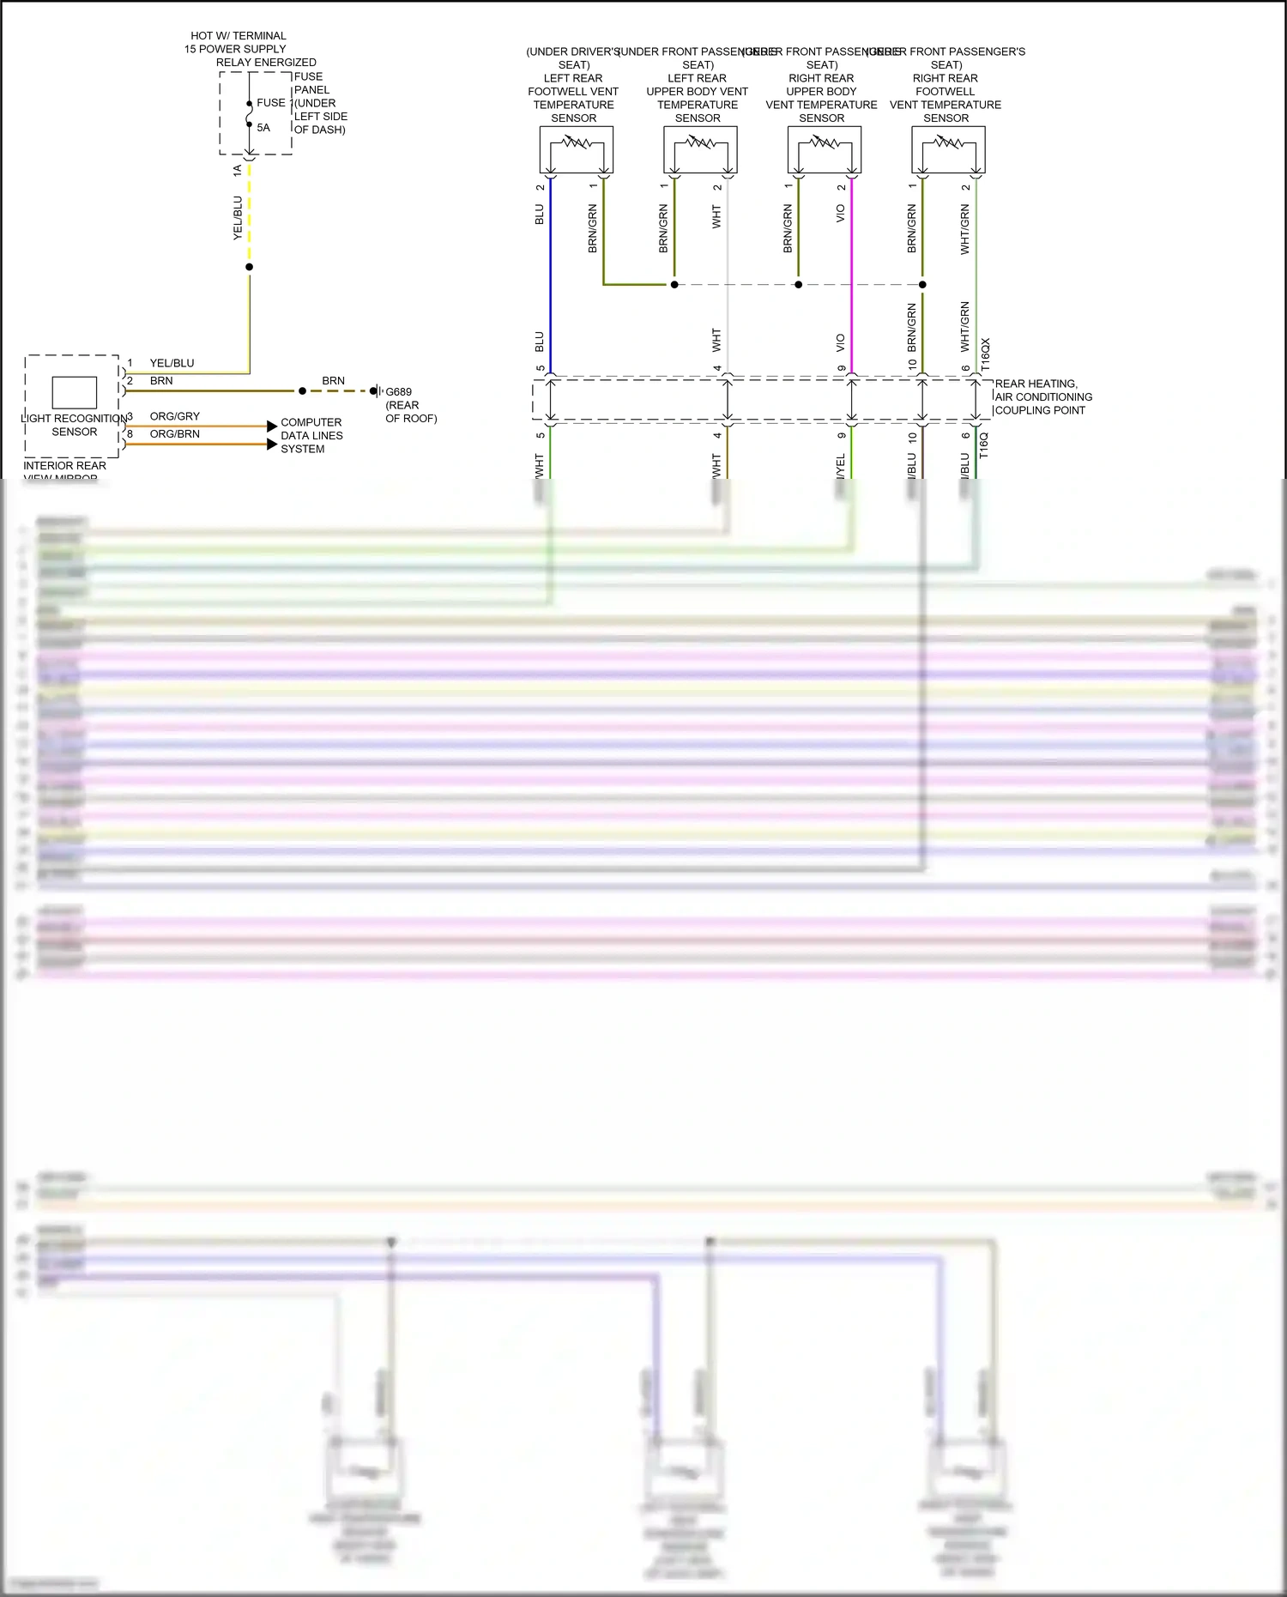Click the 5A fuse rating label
[263, 128]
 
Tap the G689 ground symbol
[375, 391]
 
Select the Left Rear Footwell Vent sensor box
[576, 150]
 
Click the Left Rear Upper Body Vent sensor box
[700, 150]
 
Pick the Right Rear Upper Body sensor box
[824, 150]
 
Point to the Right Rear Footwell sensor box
[948, 150]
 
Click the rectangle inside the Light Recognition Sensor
[75, 392]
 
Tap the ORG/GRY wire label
[174, 416]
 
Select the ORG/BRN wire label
[174, 434]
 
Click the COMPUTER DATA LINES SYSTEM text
[311, 435]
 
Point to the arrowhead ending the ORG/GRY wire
[272, 426]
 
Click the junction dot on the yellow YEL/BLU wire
[250, 267]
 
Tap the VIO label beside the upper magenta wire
[840, 214]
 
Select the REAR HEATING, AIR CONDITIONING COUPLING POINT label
[1042, 396]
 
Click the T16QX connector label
[985, 354]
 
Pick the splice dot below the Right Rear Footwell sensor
[922, 284]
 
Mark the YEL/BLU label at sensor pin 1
[172, 363]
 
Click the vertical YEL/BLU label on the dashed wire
[238, 218]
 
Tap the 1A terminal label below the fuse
[238, 171]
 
